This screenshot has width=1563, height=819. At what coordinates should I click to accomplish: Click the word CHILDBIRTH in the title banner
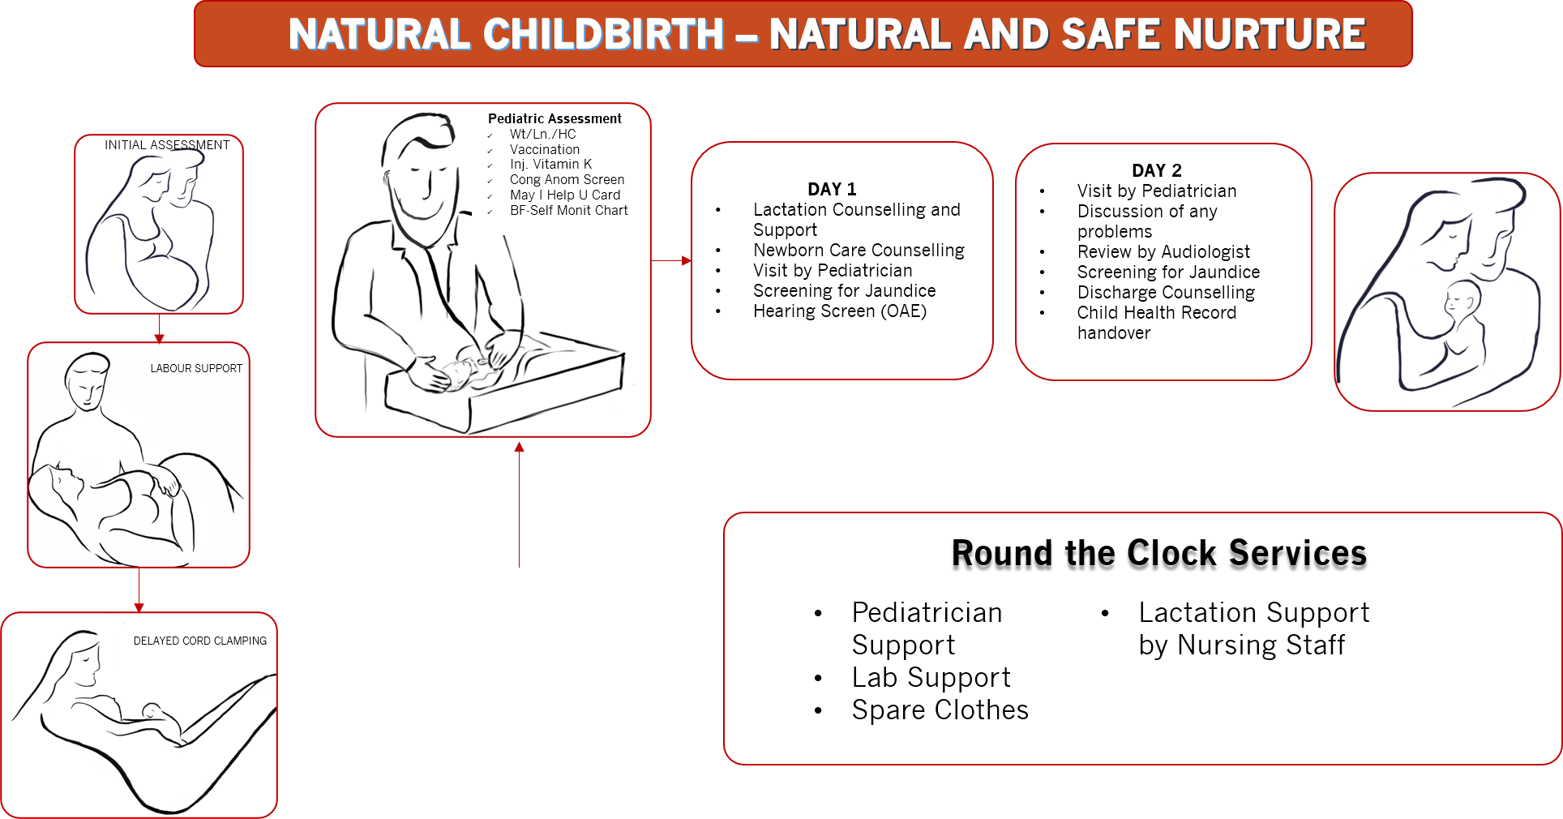coord(603,34)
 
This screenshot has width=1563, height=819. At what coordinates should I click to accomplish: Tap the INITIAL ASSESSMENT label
coord(167,145)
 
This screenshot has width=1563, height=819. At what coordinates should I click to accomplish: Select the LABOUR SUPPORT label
coord(196,368)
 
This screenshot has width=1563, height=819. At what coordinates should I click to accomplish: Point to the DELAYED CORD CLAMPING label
coord(200,641)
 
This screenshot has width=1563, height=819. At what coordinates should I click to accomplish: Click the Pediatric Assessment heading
coord(555,118)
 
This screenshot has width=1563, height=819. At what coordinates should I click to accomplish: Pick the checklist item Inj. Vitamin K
coord(550,164)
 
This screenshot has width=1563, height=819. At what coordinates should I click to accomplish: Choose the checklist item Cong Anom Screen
coord(567,179)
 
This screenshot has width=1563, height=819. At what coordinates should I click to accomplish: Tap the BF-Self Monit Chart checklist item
coord(568,210)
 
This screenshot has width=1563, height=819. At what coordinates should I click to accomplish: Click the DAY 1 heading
coord(832,189)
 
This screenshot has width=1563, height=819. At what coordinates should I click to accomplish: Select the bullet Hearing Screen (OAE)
coord(840,311)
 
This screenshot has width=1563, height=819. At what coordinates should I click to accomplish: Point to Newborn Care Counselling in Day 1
coord(859,250)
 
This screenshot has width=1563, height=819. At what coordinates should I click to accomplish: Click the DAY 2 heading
coord(1157,170)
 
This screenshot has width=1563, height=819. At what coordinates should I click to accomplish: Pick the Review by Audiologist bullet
coord(1163,251)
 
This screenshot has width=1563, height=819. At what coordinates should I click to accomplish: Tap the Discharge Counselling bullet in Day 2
coord(1166,292)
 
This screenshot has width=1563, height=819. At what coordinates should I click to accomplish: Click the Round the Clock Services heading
coord(1159,553)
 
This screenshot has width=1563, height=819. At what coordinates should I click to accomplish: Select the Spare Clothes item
coord(940,710)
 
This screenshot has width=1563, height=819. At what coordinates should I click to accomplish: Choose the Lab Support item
coord(931,677)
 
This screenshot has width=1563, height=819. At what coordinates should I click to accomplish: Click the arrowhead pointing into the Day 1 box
coord(687,260)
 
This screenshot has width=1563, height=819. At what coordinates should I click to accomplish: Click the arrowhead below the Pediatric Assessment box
coord(519,447)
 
